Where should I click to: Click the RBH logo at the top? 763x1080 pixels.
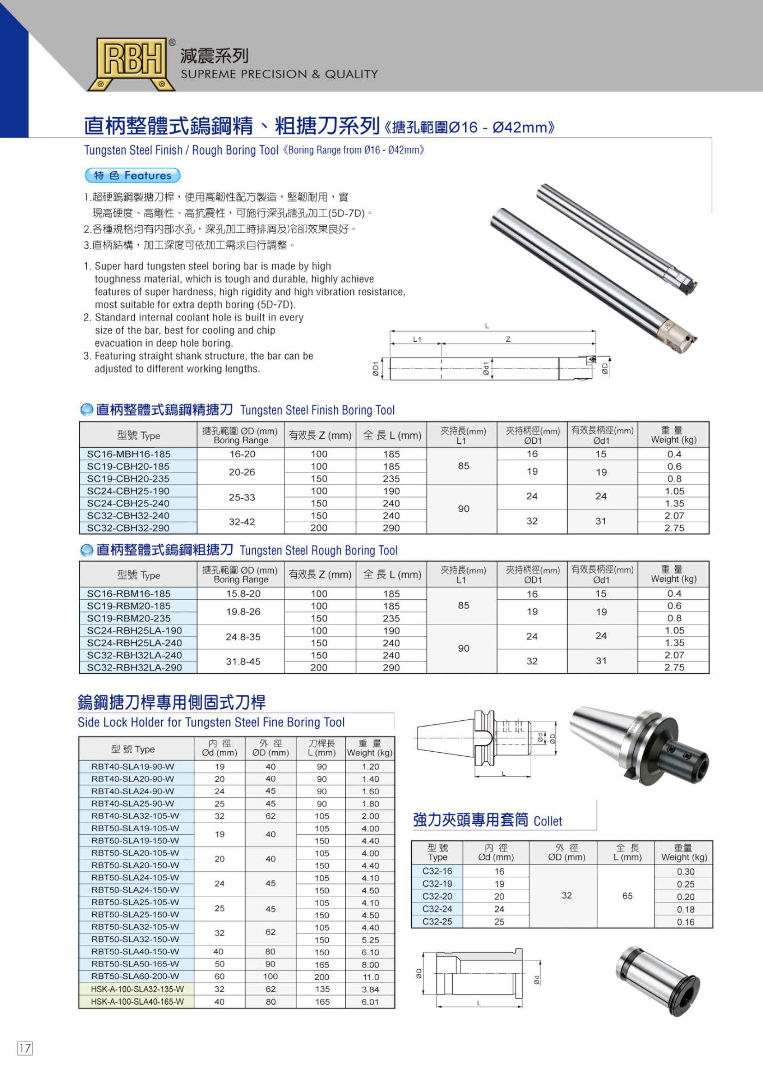point(131,64)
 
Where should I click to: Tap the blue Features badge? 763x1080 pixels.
point(132,175)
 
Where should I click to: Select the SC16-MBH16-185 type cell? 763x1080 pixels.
point(128,454)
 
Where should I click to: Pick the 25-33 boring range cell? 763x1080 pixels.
point(242,497)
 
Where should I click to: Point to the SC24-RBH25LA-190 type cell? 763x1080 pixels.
point(134,630)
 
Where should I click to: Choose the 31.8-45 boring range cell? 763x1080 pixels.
point(243,661)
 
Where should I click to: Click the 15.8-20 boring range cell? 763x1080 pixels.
point(243,594)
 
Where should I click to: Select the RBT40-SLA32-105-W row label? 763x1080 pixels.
point(132,815)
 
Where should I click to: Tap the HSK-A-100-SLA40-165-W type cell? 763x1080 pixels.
point(137,1002)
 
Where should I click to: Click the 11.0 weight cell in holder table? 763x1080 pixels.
point(370,977)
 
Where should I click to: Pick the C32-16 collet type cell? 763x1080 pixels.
point(437,871)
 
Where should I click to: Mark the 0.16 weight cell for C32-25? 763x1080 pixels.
point(685,922)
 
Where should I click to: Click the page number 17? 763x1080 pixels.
point(25,1048)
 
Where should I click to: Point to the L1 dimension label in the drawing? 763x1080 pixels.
point(417,339)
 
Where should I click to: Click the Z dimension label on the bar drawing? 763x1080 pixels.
point(508,339)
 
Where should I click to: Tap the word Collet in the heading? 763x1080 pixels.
point(548,821)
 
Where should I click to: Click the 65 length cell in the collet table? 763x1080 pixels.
point(627,896)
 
